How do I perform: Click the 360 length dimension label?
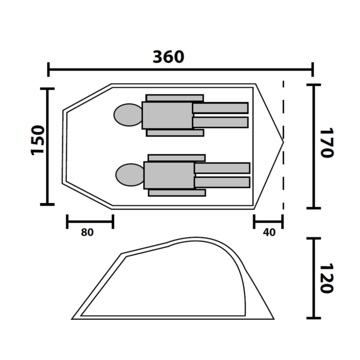(168, 57)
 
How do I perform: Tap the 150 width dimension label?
(38, 140)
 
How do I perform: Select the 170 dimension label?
(327, 143)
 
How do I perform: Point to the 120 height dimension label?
(327, 278)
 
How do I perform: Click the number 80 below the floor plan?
(87, 232)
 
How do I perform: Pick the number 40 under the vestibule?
(269, 232)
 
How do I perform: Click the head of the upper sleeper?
(128, 115)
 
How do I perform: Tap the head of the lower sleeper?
(130, 175)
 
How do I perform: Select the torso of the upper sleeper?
(167, 115)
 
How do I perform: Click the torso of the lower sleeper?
(169, 175)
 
